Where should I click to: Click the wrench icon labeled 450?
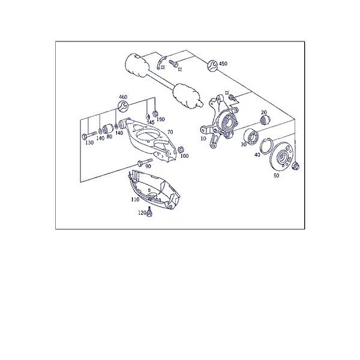tap(212, 65)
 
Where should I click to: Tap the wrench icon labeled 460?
tap(123, 106)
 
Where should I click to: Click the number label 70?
tap(170, 132)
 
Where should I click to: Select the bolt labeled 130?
tap(89, 135)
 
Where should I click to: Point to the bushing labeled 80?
tap(107, 129)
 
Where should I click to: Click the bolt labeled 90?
tap(145, 161)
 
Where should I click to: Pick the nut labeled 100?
tap(181, 149)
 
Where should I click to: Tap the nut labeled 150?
tap(155, 113)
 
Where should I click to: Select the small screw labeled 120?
tap(149, 211)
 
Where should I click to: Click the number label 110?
tap(135, 199)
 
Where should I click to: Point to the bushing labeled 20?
tap(265, 119)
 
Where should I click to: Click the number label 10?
tap(203, 139)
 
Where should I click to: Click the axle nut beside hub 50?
tap(296, 166)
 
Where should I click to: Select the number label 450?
tap(223, 64)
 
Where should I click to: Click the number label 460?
tap(123, 97)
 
